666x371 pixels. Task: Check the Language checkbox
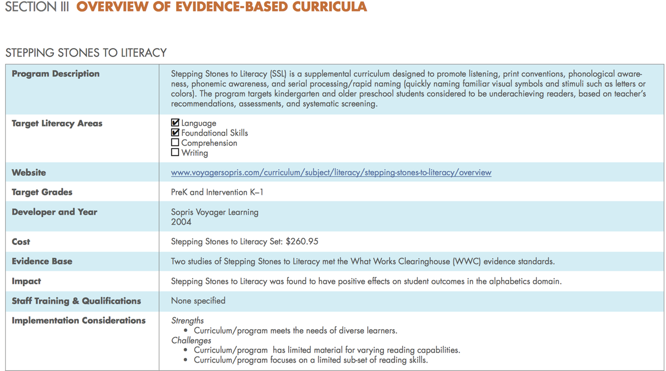coord(175,123)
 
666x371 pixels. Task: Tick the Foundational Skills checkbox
coord(175,133)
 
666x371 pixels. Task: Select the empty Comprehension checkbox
coord(175,143)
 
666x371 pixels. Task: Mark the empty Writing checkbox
coord(175,152)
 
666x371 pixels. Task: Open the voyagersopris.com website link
coord(331,173)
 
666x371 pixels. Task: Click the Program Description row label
coord(55,74)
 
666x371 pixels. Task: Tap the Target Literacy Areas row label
coord(57,123)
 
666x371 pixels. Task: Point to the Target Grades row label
coord(42,192)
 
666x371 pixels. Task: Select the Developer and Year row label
coord(54,212)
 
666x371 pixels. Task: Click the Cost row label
coord(21,242)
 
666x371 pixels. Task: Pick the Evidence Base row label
coord(42,261)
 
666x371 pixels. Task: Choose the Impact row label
coord(26,281)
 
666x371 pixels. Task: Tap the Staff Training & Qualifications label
coord(76,301)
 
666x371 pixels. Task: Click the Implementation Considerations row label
coord(78,320)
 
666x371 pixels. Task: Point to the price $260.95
coord(302,242)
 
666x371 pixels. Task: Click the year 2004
coord(181,222)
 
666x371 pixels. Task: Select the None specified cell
coord(198,301)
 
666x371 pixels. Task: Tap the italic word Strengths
coord(187,321)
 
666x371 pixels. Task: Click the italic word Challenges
coord(191,341)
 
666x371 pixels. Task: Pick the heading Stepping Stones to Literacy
coord(86,53)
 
